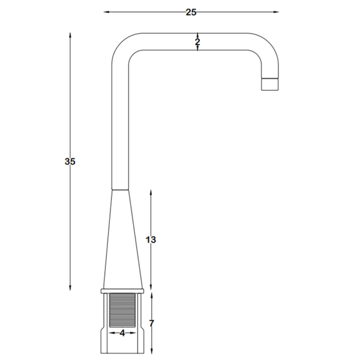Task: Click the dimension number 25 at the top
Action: pyautogui.click(x=191, y=12)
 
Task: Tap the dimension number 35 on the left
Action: pyautogui.click(x=70, y=161)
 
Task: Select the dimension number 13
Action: pyautogui.click(x=151, y=239)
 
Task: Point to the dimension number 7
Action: pyautogui.click(x=151, y=323)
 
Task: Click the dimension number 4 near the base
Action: pyautogui.click(x=122, y=333)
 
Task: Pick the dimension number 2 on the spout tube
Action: pyautogui.click(x=197, y=42)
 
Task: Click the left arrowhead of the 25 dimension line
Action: pyautogui.click(x=106, y=12)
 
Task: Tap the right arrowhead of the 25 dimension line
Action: pyautogui.click(x=276, y=12)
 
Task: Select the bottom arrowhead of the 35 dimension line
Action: pyautogui.click(x=70, y=288)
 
